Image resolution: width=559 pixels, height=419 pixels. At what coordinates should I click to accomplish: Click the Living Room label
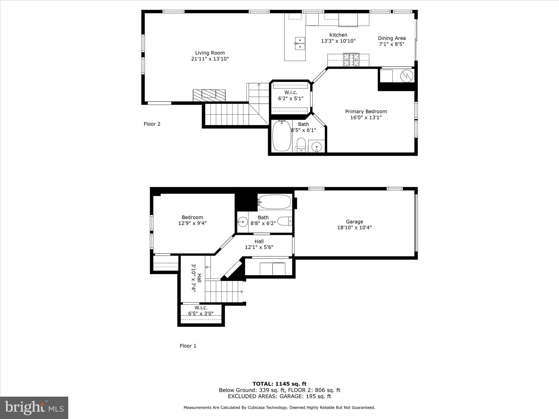click(x=210, y=53)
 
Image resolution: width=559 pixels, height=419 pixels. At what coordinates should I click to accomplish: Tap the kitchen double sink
click(x=300, y=44)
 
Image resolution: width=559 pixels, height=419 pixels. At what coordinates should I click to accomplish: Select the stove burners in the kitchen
click(x=351, y=60)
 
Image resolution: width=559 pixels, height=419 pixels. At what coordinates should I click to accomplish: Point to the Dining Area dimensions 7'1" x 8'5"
click(x=391, y=44)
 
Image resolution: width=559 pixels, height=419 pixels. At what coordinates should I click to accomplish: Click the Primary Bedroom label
click(x=366, y=112)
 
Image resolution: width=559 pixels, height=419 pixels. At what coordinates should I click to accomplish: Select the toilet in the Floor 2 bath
click(x=301, y=144)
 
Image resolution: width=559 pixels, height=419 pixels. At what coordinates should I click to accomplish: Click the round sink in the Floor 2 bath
click(x=316, y=146)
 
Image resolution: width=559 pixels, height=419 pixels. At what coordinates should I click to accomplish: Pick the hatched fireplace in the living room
click(x=209, y=95)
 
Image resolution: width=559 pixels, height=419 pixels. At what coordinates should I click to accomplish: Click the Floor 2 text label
click(x=152, y=124)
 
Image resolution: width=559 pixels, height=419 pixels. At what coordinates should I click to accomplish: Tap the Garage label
click(x=354, y=222)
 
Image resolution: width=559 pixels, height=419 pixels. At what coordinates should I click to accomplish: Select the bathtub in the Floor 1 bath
click(x=275, y=202)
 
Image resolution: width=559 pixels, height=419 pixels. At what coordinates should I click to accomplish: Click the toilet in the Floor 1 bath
click(x=284, y=221)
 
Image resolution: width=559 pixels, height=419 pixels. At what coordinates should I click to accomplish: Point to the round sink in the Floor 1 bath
click(x=242, y=222)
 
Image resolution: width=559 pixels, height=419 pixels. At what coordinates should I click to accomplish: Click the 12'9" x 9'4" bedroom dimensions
click(x=192, y=223)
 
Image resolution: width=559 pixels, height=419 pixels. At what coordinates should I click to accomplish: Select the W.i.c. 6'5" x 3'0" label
click(x=201, y=311)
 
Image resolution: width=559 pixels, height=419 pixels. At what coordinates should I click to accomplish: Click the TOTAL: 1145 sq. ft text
click(x=279, y=384)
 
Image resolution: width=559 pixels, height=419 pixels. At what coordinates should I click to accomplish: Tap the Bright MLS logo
click(x=34, y=408)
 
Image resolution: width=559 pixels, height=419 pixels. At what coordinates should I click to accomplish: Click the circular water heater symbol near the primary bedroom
click(x=407, y=76)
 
